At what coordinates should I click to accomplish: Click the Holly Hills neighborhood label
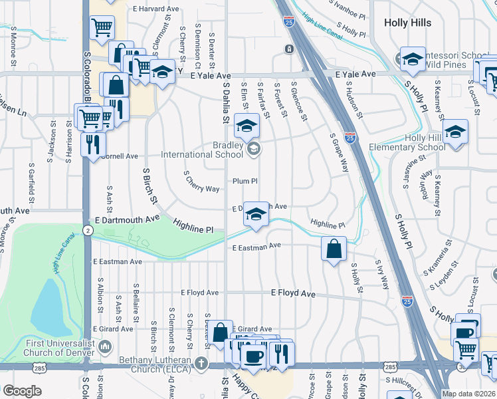tap(409, 22)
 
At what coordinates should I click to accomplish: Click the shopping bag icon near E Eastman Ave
tap(334, 249)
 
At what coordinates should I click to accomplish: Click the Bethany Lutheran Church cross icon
tap(201, 363)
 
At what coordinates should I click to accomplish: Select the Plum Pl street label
tap(245, 181)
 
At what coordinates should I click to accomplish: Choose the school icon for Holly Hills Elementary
tap(455, 132)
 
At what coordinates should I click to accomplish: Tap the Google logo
tap(22, 391)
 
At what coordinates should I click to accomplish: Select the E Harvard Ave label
tap(157, 9)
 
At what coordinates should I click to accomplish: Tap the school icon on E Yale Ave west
tap(161, 72)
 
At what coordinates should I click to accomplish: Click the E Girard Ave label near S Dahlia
tap(252, 329)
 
